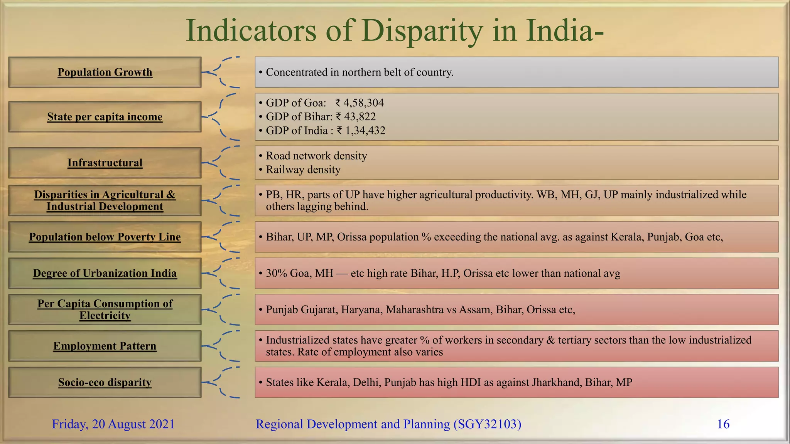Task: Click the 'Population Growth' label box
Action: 105,72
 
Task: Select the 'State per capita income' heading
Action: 105,116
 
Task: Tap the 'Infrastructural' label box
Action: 105,163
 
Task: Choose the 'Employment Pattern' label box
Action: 105,346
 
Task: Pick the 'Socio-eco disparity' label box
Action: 105,382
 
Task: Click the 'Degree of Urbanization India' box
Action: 105,273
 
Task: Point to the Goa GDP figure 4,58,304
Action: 363,103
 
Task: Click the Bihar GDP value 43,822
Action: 360,117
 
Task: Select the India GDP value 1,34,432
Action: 365,131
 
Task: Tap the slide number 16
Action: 723,424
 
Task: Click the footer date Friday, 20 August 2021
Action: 113,424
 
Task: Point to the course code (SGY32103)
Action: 487,424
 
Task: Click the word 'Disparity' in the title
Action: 422,30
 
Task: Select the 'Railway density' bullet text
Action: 303,170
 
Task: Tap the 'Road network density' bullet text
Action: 316,156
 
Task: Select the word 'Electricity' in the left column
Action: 105,316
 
